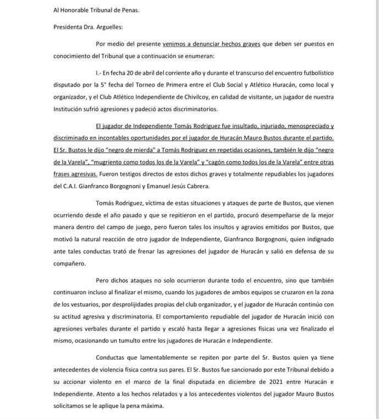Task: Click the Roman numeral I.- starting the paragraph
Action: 99,73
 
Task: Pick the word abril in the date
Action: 153,73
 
